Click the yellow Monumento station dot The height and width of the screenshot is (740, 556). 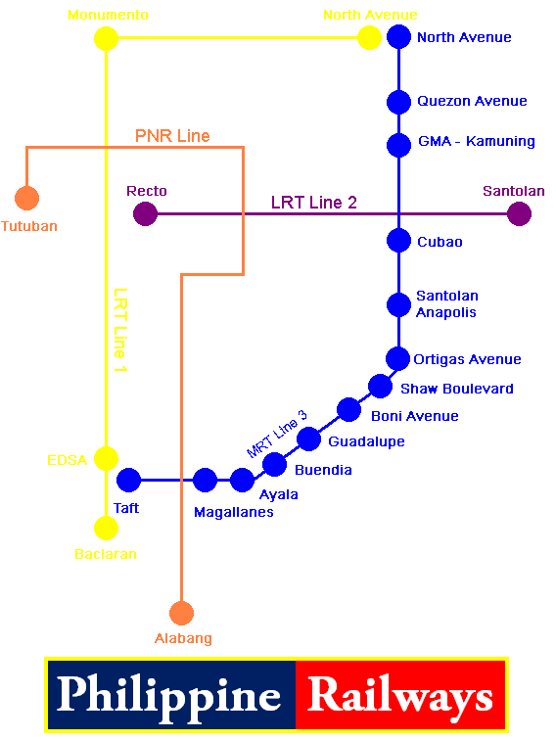tap(106, 39)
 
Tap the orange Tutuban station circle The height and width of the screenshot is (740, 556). tap(27, 198)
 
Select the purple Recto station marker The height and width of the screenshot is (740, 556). tap(145, 213)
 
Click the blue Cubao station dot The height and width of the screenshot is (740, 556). tap(398, 240)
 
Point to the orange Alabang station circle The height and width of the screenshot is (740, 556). tap(181, 614)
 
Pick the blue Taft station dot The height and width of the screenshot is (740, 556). tap(128, 480)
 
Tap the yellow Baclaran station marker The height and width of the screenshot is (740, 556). tap(106, 528)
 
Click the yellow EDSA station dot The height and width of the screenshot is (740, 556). tap(106, 458)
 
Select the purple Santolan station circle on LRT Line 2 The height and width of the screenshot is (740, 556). tap(520, 213)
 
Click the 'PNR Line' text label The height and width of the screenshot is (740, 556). tap(172, 136)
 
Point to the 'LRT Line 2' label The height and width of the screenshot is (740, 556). tap(313, 203)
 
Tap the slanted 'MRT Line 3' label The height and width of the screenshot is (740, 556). tap(277, 435)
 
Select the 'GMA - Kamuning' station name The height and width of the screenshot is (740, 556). tap(476, 141)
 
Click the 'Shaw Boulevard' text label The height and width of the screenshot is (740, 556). tap(457, 389)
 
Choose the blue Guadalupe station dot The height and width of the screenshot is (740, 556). tap(308, 439)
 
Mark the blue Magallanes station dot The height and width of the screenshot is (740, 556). tap(205, 480)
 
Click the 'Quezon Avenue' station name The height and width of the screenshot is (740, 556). tap(472, 101)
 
